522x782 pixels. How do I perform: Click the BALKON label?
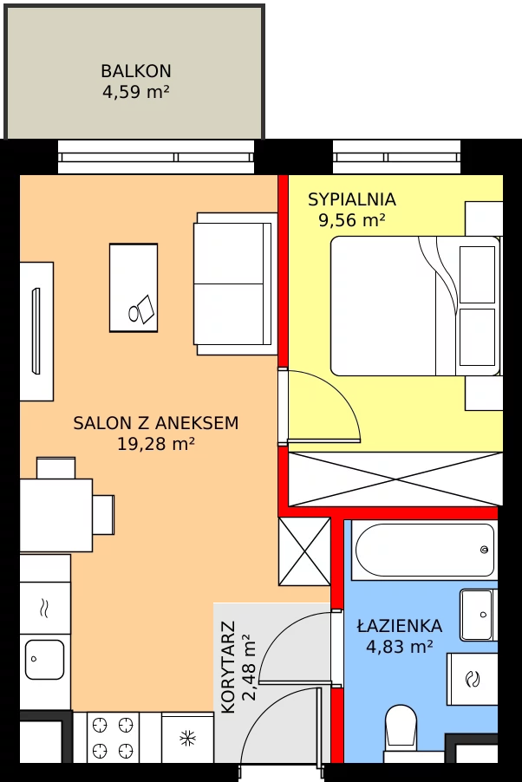pos(136,71)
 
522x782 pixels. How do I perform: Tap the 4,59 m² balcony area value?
pos(136,92)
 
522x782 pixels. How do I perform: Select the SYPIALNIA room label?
pos(352,199)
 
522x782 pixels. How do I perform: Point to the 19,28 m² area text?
pos(156,443)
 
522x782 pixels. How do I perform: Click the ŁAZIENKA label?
pos(400,625)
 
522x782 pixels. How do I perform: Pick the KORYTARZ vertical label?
pos(227,667)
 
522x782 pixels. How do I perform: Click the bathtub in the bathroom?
pos(424,551)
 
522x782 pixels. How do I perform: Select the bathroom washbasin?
pos(479,615)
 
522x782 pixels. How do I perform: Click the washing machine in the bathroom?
pos(472,679)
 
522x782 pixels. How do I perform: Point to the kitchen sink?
pos(44,660)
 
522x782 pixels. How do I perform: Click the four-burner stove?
pos(114,737)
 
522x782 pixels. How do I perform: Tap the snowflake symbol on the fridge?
pos(187,738)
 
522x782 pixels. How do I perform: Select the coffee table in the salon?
pos(134,288)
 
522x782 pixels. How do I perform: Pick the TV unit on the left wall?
pos(36,331)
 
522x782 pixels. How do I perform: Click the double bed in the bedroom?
pos(415,306)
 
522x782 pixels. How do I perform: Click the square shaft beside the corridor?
pos(304,551)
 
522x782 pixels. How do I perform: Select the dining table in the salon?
pos(55,515)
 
